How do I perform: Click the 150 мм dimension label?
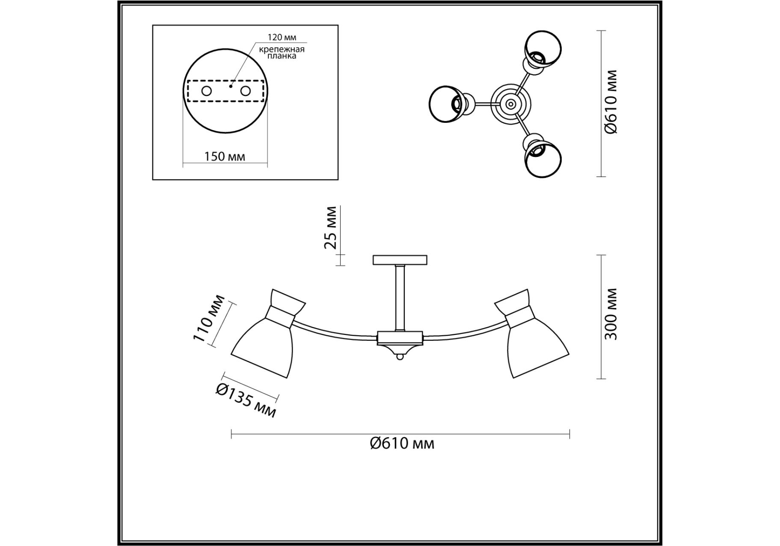coord(225,157)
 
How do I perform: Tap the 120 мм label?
coord(282,38)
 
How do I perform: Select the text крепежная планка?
coord(282,52)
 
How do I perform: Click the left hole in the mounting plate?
coord(206,91)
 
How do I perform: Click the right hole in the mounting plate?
coord(245,91)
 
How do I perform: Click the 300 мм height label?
coord(611,314)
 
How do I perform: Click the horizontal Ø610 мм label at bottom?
coord(402,444)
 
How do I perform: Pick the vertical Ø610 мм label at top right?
coord(611,102)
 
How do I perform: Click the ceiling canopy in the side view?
coord(400,260)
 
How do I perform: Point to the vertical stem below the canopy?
coord(400,298)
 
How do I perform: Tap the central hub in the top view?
coord(510,104)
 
